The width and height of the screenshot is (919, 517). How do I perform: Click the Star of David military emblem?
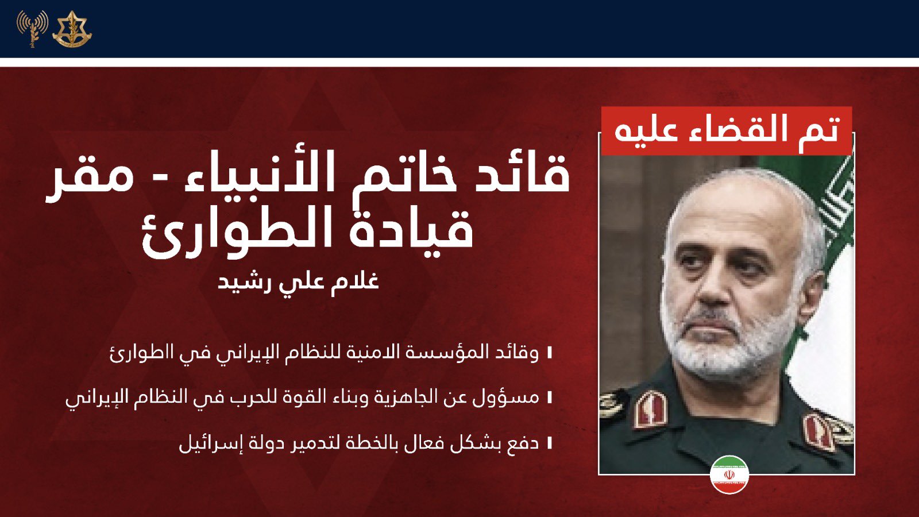pyautogui.click(x=72, y=29)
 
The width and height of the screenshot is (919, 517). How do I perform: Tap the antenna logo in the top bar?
pyautogui.click(x=32, y=29)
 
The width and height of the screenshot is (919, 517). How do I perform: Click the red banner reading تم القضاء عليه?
pyautogui.click(x=727, y=131)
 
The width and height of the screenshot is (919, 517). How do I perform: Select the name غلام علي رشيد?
pyautogui.click(x=298, y=281)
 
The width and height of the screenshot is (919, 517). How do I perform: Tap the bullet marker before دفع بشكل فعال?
pyautogui.click(x=549, y=443)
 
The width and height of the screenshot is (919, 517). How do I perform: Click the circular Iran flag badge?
pyautogui.click(x=729, y=474)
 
